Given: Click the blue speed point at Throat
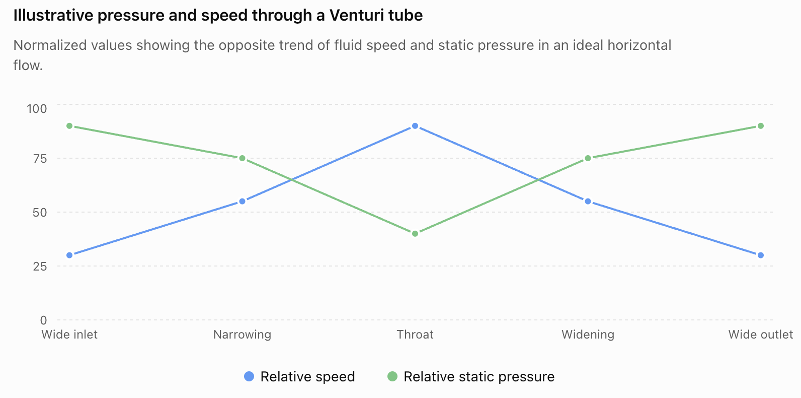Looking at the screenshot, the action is pyautogui.click(x=415, y=126).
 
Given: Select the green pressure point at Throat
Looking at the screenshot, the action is pyautogui.click(x=415, y=234).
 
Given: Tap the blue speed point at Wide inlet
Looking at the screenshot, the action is pyautogui.click(x=69, y=255).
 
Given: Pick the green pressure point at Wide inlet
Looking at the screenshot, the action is pyautogui.click(x=69, y=126).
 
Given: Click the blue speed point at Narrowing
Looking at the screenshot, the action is pyautogui.click(x=242, y=202).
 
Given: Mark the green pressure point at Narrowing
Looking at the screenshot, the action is pyautogui.click(x=242, y=158).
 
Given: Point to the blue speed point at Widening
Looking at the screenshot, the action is pyautogui.click(x=588, y=202).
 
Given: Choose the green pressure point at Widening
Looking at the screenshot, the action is pyautogui.click(x=588, y=158).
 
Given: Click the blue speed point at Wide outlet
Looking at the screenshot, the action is pyautogui.click(x=761, y=255).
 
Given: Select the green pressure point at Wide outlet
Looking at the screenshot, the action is pyautogui.click(x=761, y=126).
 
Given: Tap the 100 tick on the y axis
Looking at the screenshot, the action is pyautogui.click(x=37, y=109).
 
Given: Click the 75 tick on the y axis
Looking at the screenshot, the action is pyautogui.click(x=40, y=159).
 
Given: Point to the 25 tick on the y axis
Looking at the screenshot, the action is pyautogui.click(x=40, y=267).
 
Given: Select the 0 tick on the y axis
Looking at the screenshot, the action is pyautogui.click(x=43, y=320).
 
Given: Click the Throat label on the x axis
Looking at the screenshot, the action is pyautogui.click(x=415, y=335).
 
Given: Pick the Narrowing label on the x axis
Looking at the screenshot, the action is pyautogui.click(x=242, y=335).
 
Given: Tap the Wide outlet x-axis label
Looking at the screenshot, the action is pyautogui.click(x=761, y=335).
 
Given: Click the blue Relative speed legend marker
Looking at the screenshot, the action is pyautogui.click(x=249, y=376).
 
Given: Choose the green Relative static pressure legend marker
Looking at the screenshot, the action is pyautogui.click(x=392, y=376).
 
